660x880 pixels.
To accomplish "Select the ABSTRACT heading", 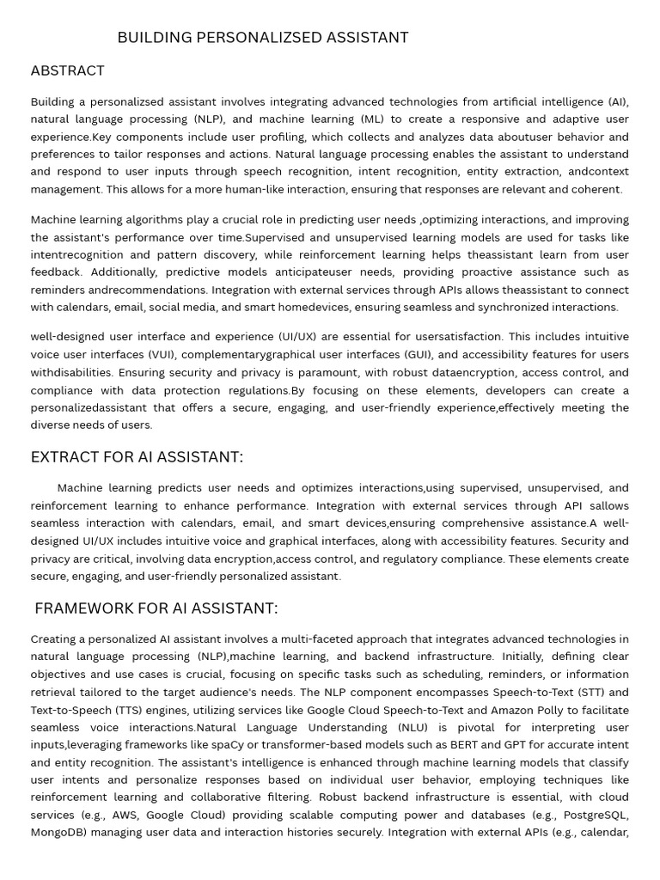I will click(x=68, y=70).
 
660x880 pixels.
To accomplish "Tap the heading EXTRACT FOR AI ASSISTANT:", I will click(x=137, y=457).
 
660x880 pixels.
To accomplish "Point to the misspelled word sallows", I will click(x=608, y=505).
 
